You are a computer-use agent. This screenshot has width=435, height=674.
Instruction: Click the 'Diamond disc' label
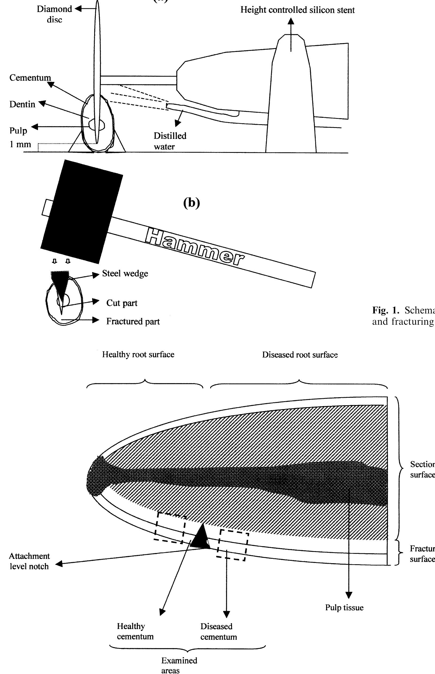click(x=54, y=14)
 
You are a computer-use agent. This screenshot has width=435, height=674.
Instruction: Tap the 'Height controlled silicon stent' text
click(x=297, y=10)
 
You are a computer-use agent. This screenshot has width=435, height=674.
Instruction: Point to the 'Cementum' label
click(x=30, y=78)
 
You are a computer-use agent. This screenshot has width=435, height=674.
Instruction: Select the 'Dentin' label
click(x=22, y=104)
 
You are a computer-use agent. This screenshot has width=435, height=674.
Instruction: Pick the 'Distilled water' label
click(x=170, y=141)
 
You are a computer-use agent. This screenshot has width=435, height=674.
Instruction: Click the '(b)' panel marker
click(x=191, y=203)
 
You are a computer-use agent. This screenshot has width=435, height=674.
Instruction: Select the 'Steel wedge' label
click(x=125, y=274)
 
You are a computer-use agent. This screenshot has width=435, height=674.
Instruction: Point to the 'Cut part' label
click(x=122, y=303)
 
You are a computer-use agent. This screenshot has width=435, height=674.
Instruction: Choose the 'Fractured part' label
click(x=133, y=321)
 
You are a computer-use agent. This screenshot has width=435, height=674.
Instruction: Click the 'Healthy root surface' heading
click(x=138, y=354)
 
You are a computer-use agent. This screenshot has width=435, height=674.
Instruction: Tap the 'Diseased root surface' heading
click(x=300, y=355)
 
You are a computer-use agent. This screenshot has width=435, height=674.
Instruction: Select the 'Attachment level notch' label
click(x=29, y=561)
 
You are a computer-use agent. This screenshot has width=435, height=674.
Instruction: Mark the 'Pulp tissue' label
click(x=344, y=607)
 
